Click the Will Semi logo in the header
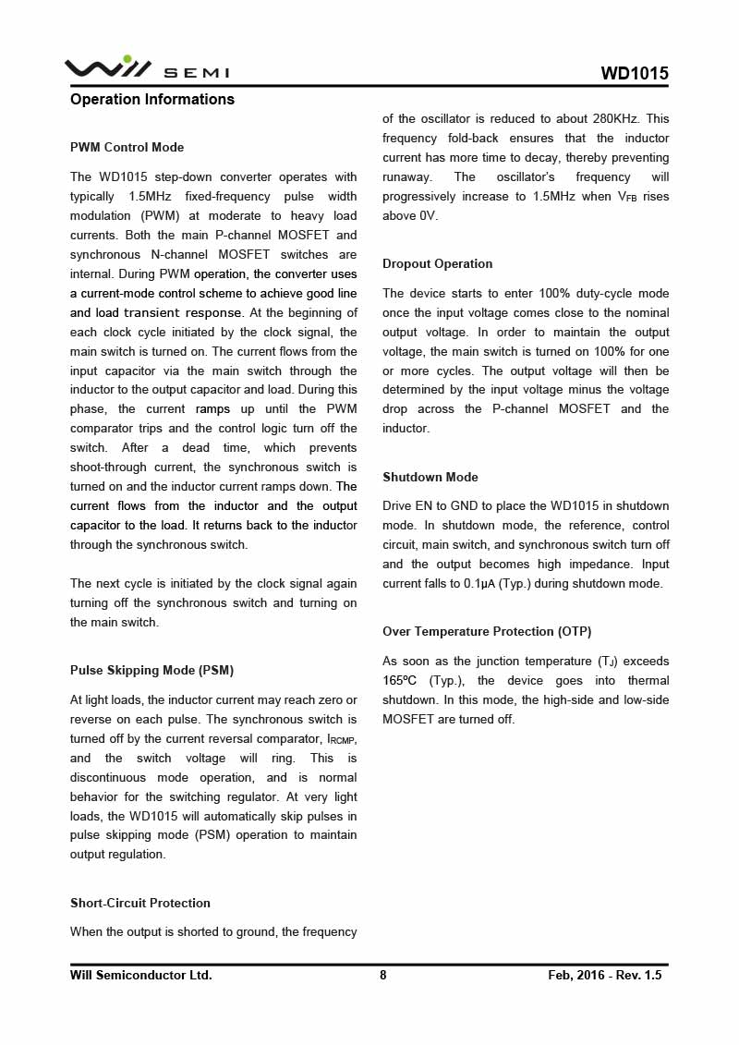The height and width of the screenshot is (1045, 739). pyautogui.click(x=146, y=68)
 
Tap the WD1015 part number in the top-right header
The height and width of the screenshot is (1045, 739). pyautogui.click(x=635, y=74)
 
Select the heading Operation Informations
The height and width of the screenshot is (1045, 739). pyautogui.click(x=152, y=100)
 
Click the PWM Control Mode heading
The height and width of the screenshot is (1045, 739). pyautogui.click(x=127, y=148)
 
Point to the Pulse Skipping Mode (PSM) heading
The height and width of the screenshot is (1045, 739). pyautogui.click(x=151, y=671)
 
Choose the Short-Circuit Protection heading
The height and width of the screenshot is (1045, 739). pyautogui.click(x=140, y=904)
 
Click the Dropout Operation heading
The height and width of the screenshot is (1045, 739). pyautogui.click(x=437, y=264)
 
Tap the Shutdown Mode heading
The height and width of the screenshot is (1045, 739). pyautogui.click(x=430, y=478)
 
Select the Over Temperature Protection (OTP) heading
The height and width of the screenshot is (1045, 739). pyautogui.click(x=487, y=632)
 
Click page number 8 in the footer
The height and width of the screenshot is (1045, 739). pyautogui.click(x=383, y=975)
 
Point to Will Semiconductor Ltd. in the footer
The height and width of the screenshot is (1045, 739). pyautogui.click(x=141, y=975)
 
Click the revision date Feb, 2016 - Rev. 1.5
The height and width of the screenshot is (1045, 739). pyautogui.click(x=605, y=975)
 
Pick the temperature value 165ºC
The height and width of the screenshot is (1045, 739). pyautogui.click(x=400, y=681)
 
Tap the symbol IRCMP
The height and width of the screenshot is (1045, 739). pyautogui.click(x=342, y=740)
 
